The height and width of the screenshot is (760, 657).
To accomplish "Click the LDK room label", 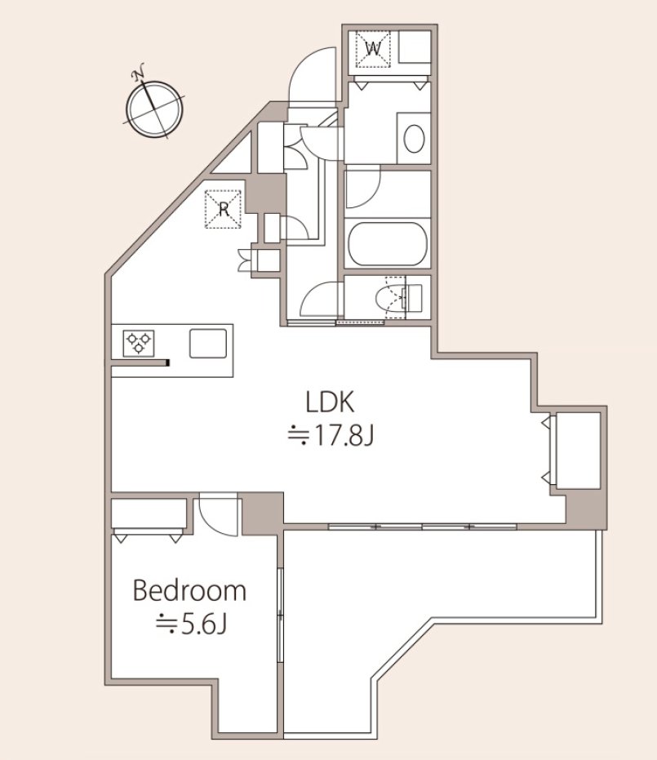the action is pos(331,402).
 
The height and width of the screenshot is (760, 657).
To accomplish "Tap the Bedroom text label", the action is pos(189,591).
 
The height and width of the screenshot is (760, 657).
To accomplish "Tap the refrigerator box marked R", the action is pos(224,209).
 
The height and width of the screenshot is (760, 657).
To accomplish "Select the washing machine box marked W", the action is pos(373,49).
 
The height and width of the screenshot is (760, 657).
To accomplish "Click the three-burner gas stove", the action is pos(139,343).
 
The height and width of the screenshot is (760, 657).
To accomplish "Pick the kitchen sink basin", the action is pos(208,344).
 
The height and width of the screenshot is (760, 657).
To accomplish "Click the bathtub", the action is pos(388,244).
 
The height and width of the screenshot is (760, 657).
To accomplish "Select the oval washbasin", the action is pos(415,139).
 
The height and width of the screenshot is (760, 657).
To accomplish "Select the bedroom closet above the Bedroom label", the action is pos(149,513).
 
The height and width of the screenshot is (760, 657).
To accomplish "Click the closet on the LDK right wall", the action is pos(578,451).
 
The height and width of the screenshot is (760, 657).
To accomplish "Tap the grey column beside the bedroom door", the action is pos(263,513).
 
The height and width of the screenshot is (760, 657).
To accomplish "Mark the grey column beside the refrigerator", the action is pos(266,194).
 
